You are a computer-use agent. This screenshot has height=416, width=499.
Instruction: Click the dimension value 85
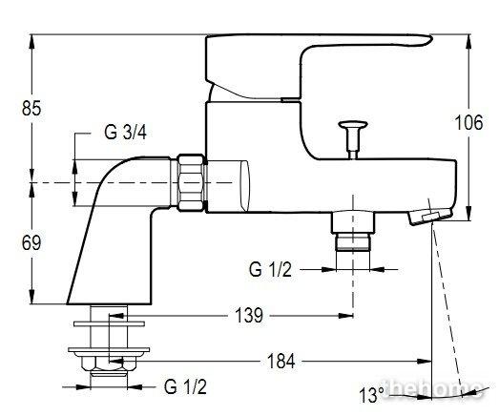(31, 108)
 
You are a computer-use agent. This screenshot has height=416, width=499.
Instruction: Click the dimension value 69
(31, 243)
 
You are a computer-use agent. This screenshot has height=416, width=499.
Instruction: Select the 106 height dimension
(468, 122)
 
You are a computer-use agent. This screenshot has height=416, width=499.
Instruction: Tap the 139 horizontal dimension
(249, 316)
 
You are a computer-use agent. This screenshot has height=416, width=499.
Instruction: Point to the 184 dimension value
(281, 361)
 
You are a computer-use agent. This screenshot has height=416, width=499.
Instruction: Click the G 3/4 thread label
(125, 132)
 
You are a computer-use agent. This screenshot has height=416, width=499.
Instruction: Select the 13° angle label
(371, 395)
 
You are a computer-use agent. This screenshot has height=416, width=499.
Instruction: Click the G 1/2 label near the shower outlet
(270, 270)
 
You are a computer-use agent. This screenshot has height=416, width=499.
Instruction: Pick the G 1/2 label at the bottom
(185, 386)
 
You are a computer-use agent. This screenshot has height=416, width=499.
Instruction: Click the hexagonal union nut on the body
(191, 182)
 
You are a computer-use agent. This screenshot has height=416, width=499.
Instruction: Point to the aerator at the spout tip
(430, 217)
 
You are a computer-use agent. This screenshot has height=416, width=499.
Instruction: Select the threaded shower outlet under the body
(353, 231)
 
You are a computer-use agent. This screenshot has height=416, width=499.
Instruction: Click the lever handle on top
(319, 67)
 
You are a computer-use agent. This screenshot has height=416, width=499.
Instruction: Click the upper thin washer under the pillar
(109, 324)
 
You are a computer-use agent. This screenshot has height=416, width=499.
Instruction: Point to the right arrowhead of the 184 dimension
(425, 361)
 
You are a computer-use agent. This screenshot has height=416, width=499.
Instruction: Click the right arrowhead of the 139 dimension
(346, 316)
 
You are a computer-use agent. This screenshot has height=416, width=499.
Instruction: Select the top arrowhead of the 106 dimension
(468, 41)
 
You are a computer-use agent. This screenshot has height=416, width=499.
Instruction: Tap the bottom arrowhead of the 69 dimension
(31, 297)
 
